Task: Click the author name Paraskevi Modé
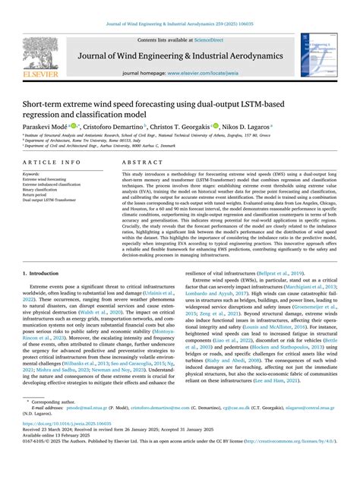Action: pyautogui.click(x=44, y=126)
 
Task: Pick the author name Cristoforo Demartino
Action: pyautogui.click(x=112, y=126)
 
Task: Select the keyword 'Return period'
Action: pyautogui.click(x=38, y=194)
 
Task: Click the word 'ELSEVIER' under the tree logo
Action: pyautogui.click(x=39, y=77)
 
